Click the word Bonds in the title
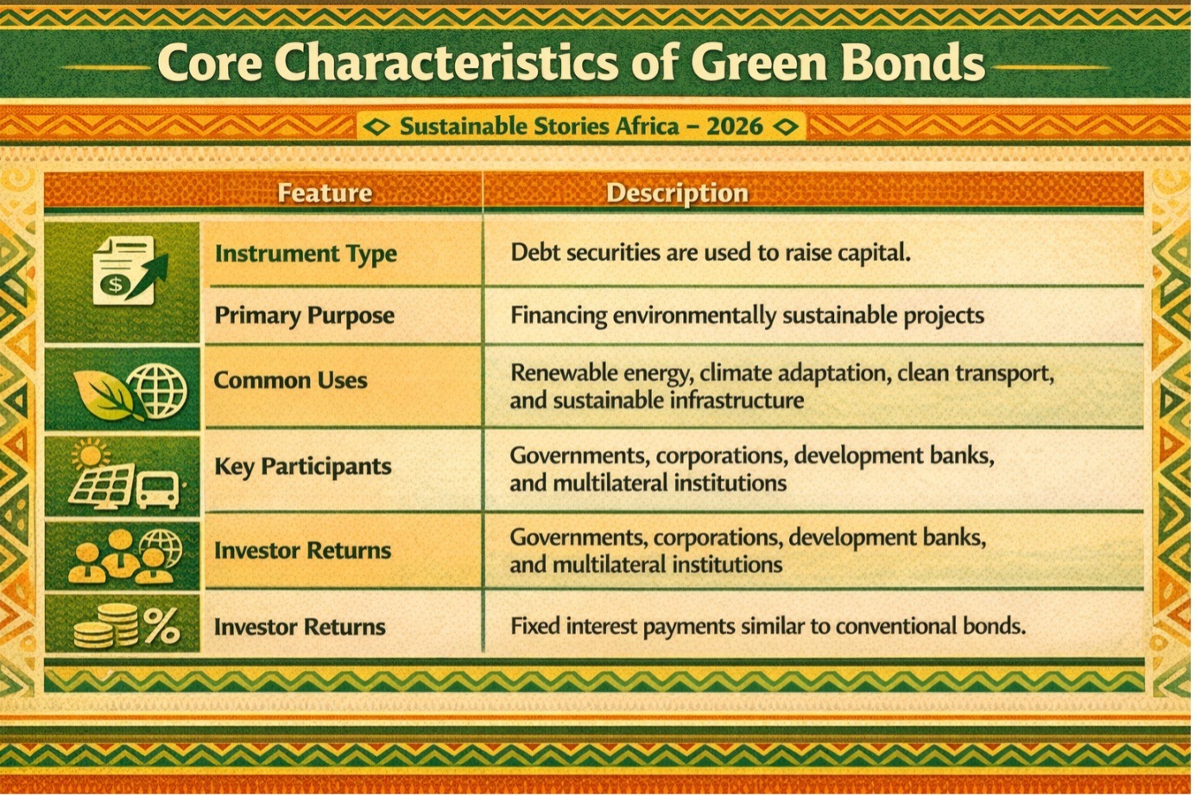(x=913, y=63)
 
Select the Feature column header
(x=325, y=193)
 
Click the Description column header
(x=677, y=193)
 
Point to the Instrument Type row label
(x=306, y=254)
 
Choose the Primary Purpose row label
(x=304, y=315)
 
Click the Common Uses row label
(x=290, y=381)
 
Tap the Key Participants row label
(x=302, y=467)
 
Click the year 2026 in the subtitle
(x=735, y=126)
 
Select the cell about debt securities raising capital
(x=711, y=252)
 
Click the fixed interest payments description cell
(x=768, y=626)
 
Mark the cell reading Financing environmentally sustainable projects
(x=747, y=315)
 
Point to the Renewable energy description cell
(x=782, y=386)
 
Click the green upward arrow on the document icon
(x=148, y=275)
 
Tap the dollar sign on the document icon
(x=115, y=284)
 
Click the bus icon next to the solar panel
(x=157, y=490)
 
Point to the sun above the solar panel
(x=90, y=455)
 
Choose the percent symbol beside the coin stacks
(x=161, y=626)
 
